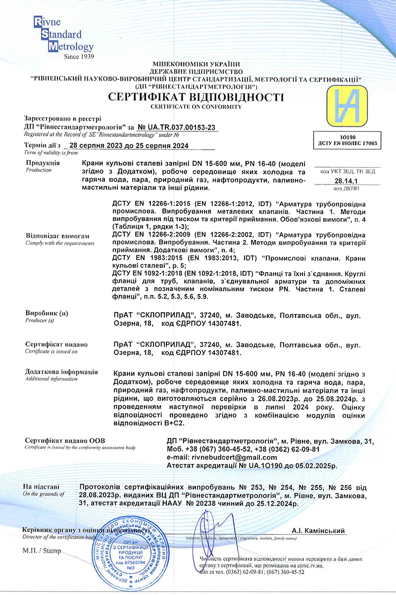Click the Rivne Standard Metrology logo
(62, 35)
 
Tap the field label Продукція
(43, 163)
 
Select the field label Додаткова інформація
(61, 372)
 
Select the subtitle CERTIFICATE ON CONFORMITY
(197, 107)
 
